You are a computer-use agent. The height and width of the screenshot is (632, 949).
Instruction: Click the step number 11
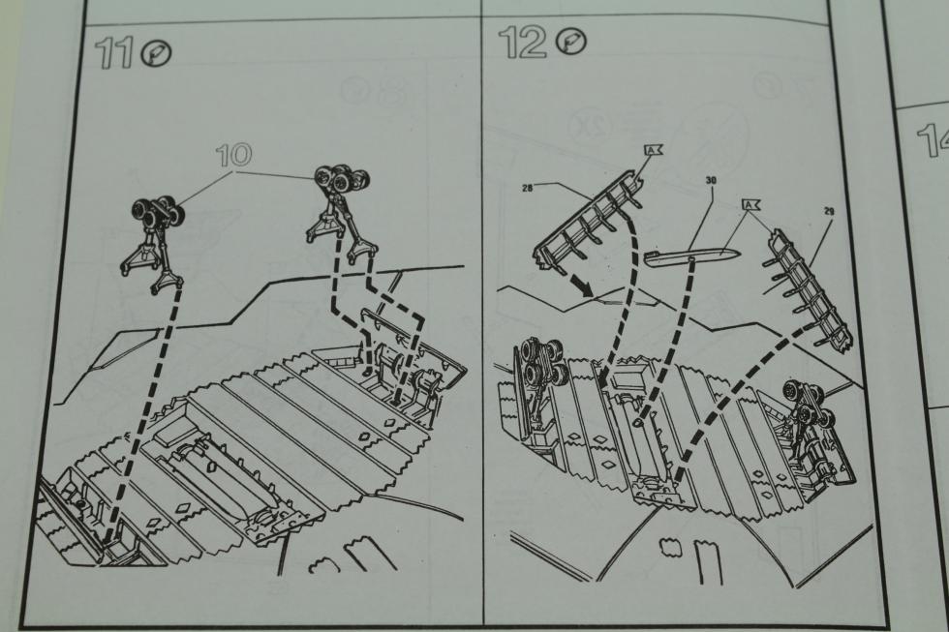(115, 52)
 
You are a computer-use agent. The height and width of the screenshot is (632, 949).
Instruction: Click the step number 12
(522, 43)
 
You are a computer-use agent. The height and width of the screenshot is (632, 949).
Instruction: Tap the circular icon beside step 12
(571, 43)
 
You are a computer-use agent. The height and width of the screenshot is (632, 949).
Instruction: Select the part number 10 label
(234, 156)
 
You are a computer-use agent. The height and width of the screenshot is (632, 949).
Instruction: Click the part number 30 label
(711, 180)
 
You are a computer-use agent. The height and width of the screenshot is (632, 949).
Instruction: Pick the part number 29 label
(829, 210)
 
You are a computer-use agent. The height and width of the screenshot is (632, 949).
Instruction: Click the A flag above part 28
(653, 149)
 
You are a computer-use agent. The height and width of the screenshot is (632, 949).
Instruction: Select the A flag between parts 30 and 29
(751, 205)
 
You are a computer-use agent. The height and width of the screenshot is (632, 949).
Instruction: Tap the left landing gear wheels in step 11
(157, 214)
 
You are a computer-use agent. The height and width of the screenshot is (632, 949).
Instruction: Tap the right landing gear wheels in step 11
(342, 176)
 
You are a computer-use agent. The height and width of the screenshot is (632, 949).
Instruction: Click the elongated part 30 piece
(689, 257)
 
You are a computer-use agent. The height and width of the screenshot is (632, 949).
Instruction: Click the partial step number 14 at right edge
(932, 140)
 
